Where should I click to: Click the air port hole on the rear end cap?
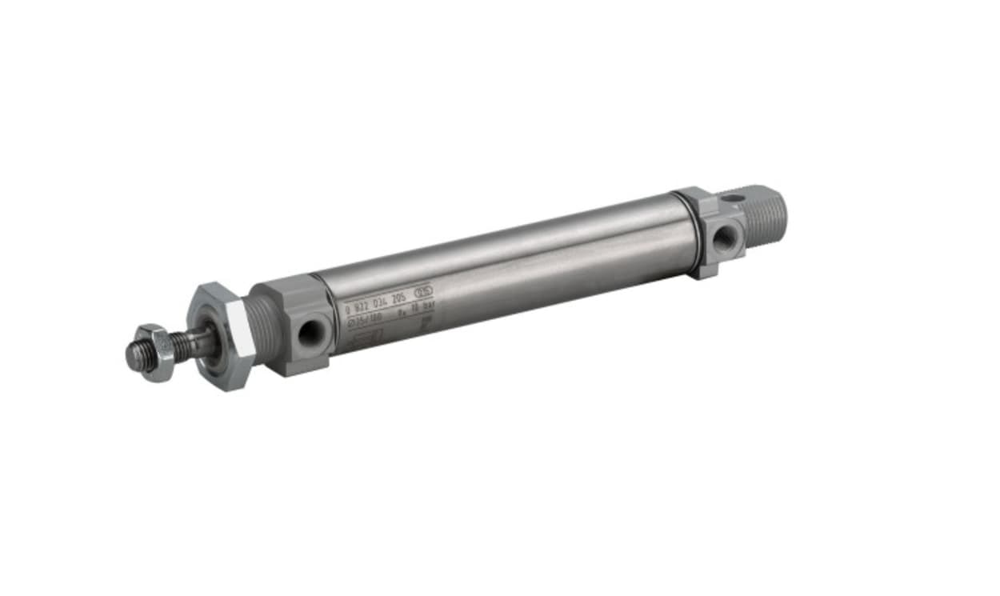724,238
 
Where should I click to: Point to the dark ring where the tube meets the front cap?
323,314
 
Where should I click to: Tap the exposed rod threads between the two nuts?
186,344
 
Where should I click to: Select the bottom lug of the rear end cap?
704,270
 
